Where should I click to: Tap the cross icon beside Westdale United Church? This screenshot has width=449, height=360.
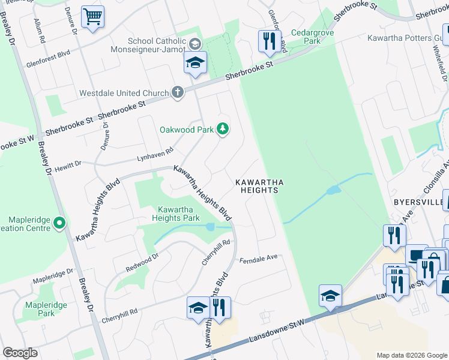coord(176,93)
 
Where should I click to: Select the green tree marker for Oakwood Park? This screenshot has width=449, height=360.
coord(223,129)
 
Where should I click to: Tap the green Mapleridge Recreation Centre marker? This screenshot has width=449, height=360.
coord(59,224)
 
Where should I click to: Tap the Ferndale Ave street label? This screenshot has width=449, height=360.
coord(259,257)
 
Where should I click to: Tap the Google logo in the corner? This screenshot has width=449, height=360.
coord(20,353)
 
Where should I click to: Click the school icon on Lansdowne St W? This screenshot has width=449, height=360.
coord(330,296)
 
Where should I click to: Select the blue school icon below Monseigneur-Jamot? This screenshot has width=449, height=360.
coord(195,62)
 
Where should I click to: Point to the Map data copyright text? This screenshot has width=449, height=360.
coord(411,355)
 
